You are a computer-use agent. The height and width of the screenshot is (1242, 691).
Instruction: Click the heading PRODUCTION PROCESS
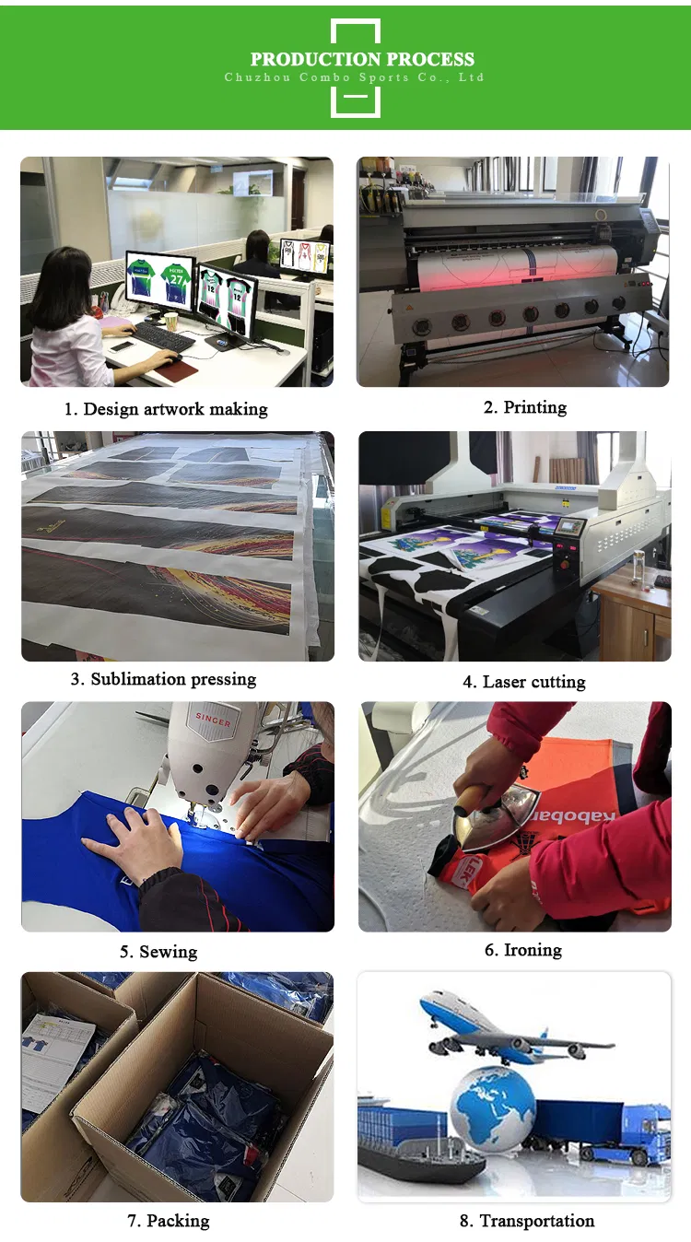click(362, 59)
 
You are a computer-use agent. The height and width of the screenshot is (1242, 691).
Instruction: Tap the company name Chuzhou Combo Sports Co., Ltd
click(355, 77)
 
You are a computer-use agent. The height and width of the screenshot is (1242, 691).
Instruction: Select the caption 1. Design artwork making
click(166, 408)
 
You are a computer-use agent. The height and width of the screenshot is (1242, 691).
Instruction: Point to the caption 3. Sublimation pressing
click(163, 679)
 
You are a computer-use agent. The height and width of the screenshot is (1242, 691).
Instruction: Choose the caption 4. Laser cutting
click(523, 682)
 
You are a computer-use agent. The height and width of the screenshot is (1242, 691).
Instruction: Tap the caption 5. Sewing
click(158, 952)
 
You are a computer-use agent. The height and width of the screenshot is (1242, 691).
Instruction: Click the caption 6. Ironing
click(522, 950)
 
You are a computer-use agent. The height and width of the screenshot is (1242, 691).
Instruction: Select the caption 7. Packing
click(168, 1221)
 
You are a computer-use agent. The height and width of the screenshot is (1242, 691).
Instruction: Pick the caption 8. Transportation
click(526, 1221)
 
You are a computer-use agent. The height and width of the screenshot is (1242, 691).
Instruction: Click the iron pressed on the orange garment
click(498, 821)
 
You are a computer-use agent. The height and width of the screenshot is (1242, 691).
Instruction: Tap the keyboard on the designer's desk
click(163, 337)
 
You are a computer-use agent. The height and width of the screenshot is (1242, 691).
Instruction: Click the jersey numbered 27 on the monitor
click(177, 278)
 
